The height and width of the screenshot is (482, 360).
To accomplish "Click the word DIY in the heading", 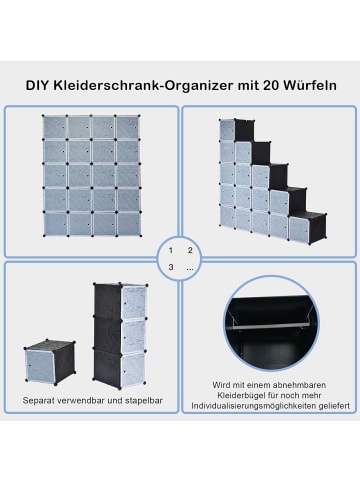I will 37,86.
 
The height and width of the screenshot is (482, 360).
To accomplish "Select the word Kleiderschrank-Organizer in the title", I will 129,86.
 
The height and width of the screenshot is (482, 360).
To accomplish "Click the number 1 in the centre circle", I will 171,250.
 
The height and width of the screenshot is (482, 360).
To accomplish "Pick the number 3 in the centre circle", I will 171,267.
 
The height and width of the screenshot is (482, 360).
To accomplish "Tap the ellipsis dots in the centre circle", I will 189,268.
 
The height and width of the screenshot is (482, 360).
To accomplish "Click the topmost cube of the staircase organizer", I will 227,130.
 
